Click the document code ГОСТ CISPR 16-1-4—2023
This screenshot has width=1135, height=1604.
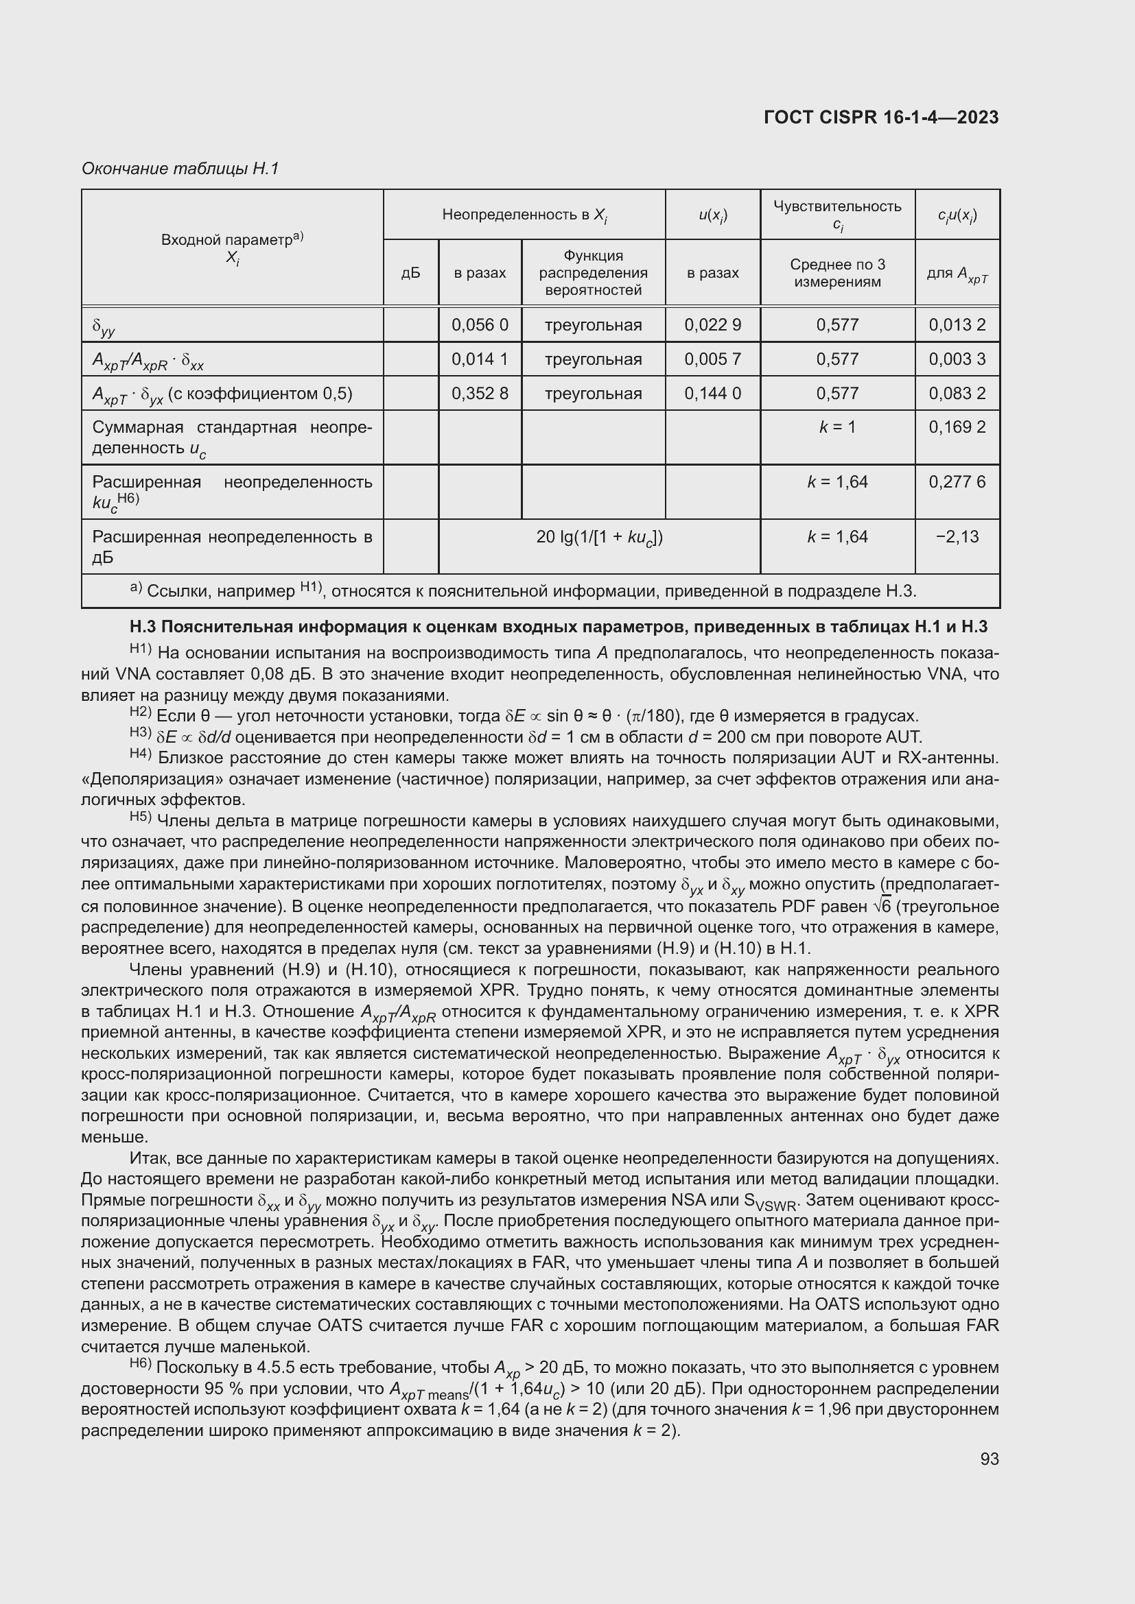pos(880,117)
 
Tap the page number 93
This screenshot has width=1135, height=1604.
pos(989,1459)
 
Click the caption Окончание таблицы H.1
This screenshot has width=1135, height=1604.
pos(180,169)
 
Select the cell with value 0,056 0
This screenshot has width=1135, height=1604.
pos(480,325)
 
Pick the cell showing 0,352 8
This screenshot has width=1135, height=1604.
pos(480,394)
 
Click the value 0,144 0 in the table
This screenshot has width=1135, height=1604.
pos(712,394)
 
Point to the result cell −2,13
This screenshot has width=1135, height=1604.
pos(957,536)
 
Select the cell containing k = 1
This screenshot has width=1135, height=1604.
pos(837,427)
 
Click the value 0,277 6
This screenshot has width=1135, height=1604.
pos(957,481)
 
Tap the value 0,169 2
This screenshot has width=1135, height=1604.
pos(957,427)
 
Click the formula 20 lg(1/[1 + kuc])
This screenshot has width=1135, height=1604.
pos(599,537)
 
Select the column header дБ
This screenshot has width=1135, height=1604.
pos(411,272)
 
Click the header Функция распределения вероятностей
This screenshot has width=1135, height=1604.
pos(593,272)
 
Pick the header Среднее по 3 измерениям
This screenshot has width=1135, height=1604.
pos(837,272)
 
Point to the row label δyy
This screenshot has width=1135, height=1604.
pos(104,326)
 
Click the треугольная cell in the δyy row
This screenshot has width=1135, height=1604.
pos(593,325)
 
